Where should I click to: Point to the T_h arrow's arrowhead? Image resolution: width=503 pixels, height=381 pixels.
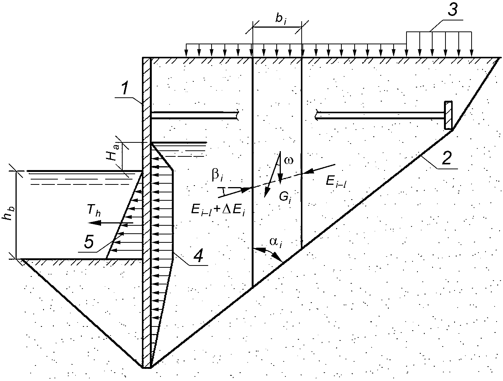pyautogui.click(x=95, y=223)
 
